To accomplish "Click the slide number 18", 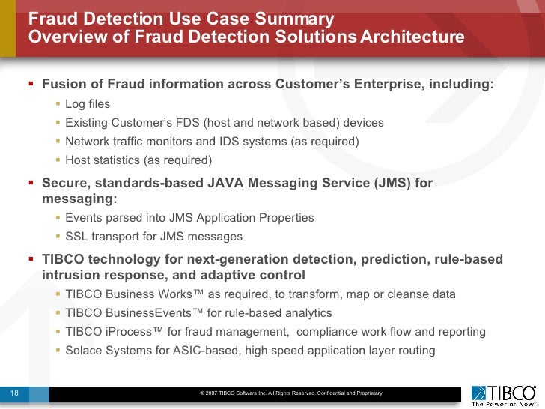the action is click(13, 393).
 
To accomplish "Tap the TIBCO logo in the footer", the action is click(503, 392).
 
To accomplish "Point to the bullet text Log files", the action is click(88, 103).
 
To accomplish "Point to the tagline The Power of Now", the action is click(503, 402).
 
